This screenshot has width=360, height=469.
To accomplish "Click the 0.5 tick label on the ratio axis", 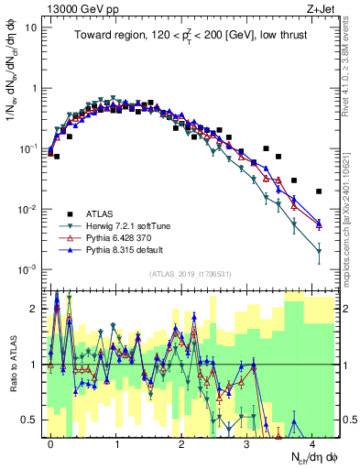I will [29, 420].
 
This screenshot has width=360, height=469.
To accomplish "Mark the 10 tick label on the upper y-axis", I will [31, 27].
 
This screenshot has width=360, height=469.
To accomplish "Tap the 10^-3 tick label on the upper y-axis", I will [27, 269].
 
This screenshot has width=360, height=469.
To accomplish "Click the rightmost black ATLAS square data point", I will [319, 191].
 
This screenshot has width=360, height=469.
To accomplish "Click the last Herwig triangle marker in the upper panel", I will [319, 250].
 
